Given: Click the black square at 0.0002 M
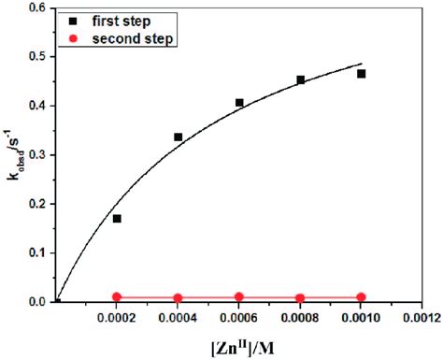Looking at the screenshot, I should click(x=117, y=219).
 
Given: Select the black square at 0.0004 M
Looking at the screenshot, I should click(x=178, y=137).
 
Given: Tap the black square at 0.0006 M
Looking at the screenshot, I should click(x=239, y=103).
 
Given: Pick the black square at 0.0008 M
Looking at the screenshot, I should click(x=300, y=80).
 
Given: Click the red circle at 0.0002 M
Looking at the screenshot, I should click(x=117, y=297).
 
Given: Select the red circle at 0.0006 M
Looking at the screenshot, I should click(x=239, y=297).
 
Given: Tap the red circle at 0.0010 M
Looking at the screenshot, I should click(x=361, y=297).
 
